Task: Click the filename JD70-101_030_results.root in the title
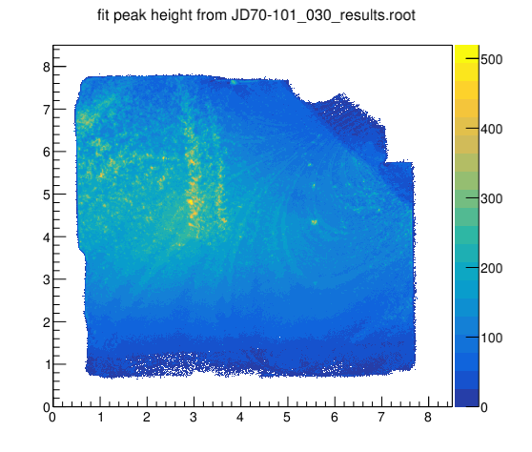pyautogui.click(x=323, y=16)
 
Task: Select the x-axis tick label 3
pyautogui.click(x=194, y=417)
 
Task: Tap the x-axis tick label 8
pyautogui.click(x=428, y=417)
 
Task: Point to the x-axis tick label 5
pyautogui.click(x=287, y=417)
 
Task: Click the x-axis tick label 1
pyautogui.click(x=100, y=417)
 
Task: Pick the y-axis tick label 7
pyautogui.click(x=47, y=110)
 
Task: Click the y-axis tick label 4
pyautogui.click(x=47, y=237)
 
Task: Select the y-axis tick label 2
pyautogui.click(x=47, y=322)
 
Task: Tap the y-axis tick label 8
pyautogui.click(x=47, y=67)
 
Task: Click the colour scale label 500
pyautogui.click(x=492, y=59)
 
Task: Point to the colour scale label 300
pyautogui.click(x=492, y=198)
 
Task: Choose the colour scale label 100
pyautogui.click(x=492, y=338)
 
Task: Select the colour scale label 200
pyautogui.click(x=492, y=268)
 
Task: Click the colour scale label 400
pyautogui.click(x=492, y=129)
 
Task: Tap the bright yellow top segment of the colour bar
pyautogui.click(x=467, y=53)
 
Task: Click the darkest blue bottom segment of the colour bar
pyautogui.click(x=467, y=398)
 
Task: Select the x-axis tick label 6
pyautogui.click(x=335, y=417)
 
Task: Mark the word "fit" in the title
pyautogui.click(x=104, y=15)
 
